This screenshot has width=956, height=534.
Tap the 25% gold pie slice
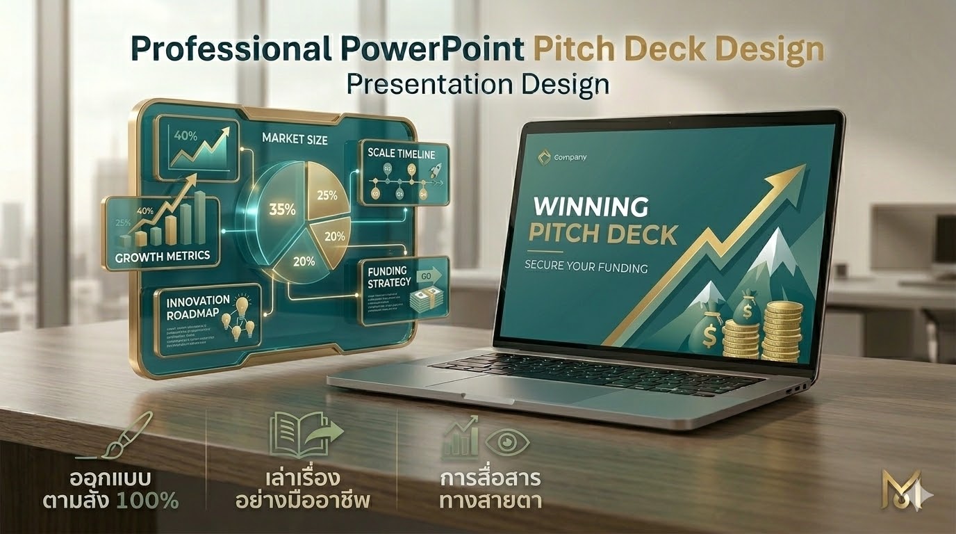(327, 195)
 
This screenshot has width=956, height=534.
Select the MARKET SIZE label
(295, 139)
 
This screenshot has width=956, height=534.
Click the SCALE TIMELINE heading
(401, 154)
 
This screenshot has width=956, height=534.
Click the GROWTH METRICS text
(163, 257)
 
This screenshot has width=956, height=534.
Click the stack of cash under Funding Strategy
(425, 301)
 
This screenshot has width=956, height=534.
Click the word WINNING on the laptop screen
(590, 207)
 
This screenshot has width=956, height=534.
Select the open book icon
(295, 435)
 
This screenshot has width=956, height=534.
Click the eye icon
(507, 442)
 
